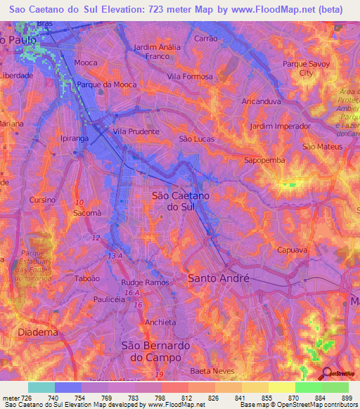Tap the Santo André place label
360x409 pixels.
(x=218, y=278)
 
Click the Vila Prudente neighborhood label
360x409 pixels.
(x=136, y=131)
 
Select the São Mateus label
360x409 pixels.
(x=321, y=146)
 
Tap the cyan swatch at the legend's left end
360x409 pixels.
(x=41, y=387)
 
